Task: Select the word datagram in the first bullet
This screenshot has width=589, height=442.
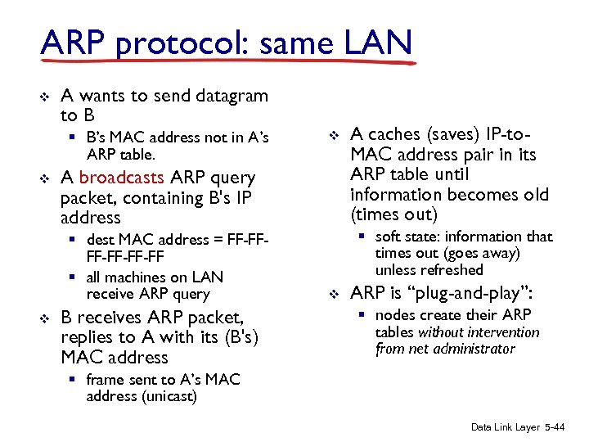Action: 232,96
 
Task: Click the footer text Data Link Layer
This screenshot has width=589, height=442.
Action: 505,427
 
